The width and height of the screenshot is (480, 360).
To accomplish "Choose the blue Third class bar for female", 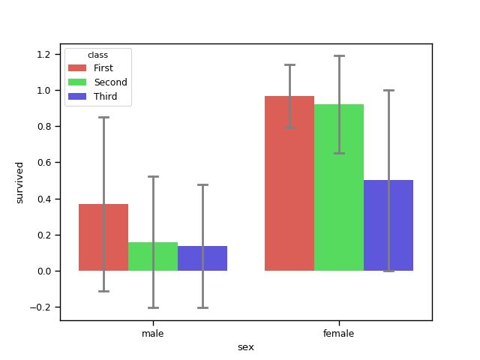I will pyautogui.click(x=388, y=225).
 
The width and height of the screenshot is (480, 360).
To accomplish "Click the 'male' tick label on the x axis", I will pyautogui.click(x=153, y=332).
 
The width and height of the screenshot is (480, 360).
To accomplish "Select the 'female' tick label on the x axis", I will pyautogui.click(x=339, y=332).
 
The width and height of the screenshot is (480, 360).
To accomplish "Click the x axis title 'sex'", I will pyautogui.click(x=246, y=346).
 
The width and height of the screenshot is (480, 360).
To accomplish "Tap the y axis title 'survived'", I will pyautogui.click(x=20, y=182).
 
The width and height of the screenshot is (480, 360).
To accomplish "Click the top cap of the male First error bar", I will pyautogui.click(x=103, y=118).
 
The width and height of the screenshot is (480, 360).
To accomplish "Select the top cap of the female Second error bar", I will pyautogui.click(x=339, y=55).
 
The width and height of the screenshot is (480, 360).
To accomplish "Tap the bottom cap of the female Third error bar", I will pyautogui.click(x=388, y=271).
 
